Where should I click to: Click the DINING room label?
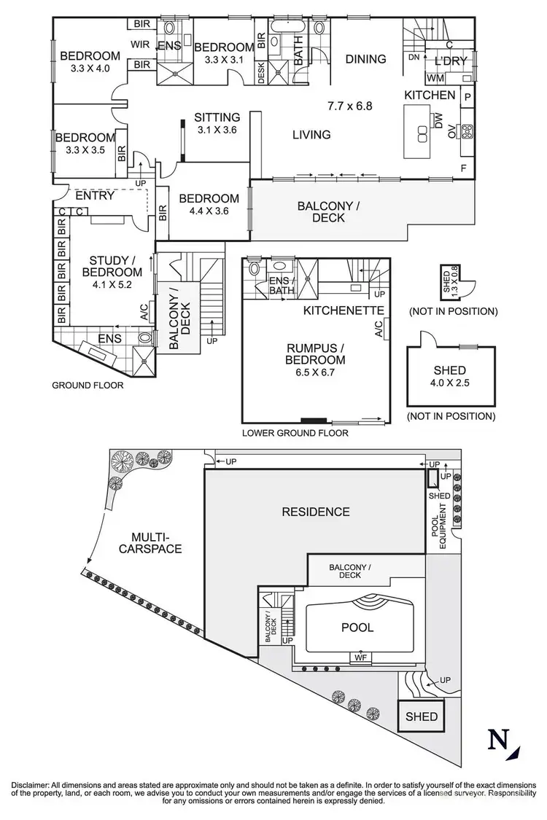(365, 59)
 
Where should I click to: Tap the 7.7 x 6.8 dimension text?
(349, 106)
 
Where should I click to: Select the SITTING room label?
(217, 117)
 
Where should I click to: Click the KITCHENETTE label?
(344, 310)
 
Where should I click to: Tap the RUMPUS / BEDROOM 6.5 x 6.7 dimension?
(315, 374)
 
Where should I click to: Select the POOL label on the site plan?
(357, 628)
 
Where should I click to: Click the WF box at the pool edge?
(360, 657)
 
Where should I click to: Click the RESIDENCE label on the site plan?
(316, 512)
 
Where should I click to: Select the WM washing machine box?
(435, 77)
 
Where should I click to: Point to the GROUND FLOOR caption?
(88, 386)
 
